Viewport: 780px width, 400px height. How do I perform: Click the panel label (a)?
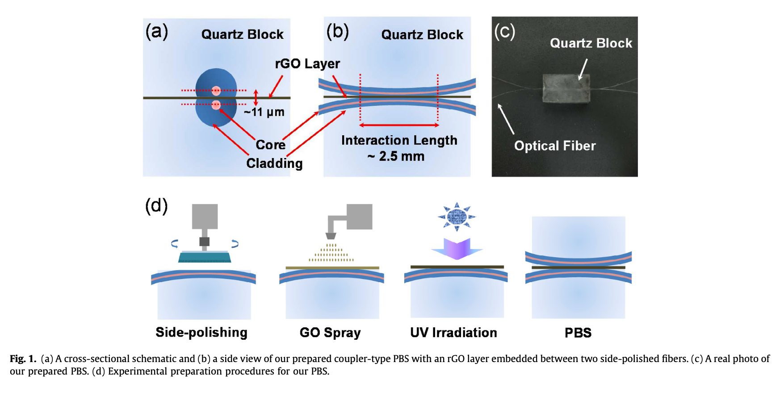click(156, 32)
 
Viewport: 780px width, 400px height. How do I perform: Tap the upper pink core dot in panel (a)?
click(216, 91)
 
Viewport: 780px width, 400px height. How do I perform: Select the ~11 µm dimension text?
click(264, 112)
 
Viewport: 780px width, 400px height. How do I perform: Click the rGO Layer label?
click(307, 64)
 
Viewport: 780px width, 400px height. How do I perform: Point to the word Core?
click(270, 145)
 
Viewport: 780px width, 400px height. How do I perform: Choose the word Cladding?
click(274, 163)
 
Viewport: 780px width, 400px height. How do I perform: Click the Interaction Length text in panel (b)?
click(399, 140)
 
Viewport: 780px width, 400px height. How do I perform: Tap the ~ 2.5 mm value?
click(396, 156)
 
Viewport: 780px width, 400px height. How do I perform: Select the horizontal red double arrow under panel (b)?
click(399, 125)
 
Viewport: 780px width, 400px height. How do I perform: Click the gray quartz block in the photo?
click(566, 89)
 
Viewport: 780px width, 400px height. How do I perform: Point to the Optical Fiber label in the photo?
click(555, 146)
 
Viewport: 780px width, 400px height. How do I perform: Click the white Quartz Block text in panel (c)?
click(591, 43)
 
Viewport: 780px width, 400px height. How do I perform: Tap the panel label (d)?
click(156, 206)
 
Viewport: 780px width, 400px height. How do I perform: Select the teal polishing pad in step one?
click(205, 257)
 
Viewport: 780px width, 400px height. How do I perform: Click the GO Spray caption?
click(330, 333)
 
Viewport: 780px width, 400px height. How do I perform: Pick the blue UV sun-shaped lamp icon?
click(457, 217)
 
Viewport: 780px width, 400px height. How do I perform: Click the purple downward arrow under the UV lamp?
click(457, 249)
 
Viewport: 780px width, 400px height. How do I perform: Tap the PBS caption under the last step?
click(578, 333)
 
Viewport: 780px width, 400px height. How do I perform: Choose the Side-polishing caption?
click(201, 333)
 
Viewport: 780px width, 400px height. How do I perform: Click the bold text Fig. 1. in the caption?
click(23, 359)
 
